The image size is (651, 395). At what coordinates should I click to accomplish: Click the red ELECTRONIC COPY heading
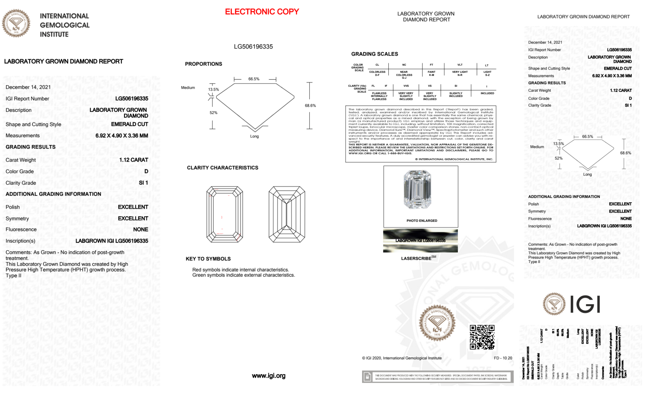pos(262,12)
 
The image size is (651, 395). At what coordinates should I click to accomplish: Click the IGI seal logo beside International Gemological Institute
pos(16,23)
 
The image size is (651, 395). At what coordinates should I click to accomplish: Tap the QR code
pos(482,337)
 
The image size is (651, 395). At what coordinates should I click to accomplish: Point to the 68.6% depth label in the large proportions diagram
pos(310,106)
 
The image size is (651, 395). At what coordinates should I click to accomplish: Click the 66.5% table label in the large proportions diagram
pos(254,79)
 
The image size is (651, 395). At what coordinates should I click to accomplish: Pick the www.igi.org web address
pos(268,376)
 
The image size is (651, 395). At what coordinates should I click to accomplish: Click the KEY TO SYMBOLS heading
pos(208,259)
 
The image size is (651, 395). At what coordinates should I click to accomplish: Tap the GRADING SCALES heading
pos(374,54)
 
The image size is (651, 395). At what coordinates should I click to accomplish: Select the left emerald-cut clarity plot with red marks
pos(224,214)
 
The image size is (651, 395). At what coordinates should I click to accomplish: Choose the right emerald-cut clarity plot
pos(287,214)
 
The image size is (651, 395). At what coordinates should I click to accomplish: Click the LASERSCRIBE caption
pos(417,258)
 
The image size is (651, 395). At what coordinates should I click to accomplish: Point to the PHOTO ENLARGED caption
pos(422,221)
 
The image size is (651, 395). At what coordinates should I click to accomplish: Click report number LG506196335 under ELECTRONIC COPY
pos(253,46)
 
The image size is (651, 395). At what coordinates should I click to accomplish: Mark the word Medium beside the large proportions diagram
pos(188,88)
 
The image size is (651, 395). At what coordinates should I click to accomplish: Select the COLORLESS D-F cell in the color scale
pos(377,73)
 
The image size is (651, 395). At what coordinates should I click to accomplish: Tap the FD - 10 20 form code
pos(503,358)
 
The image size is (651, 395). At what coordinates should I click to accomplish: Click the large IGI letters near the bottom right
pos(585,304)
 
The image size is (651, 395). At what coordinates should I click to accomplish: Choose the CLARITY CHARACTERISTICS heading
pos(223,168)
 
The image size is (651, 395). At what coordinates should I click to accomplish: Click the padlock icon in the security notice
pos(367,377)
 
